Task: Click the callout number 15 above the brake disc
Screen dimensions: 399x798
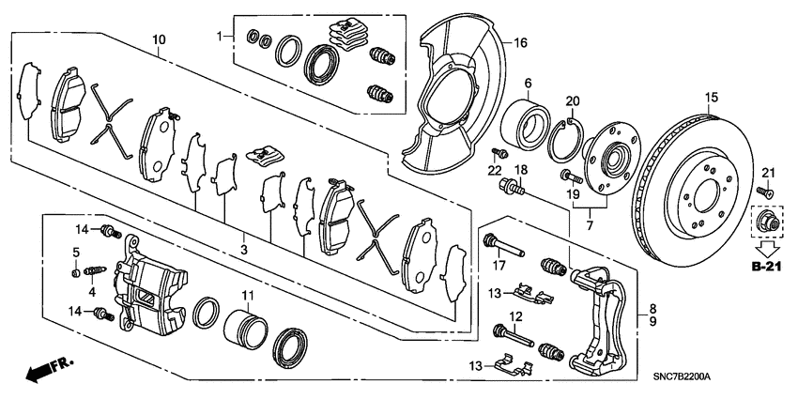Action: (711, 97)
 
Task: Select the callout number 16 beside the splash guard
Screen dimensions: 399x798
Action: (521, 43)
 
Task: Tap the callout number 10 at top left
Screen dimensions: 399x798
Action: (159, 38)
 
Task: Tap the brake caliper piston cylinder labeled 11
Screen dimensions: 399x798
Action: (247, 330)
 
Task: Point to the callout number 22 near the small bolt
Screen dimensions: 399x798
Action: (495, 170)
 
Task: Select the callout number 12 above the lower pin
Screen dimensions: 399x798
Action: (514, 315)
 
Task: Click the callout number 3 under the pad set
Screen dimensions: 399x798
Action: (242, 250)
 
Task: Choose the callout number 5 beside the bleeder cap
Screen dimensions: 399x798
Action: (76, 253)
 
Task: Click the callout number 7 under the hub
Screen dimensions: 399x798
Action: (589, 227)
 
